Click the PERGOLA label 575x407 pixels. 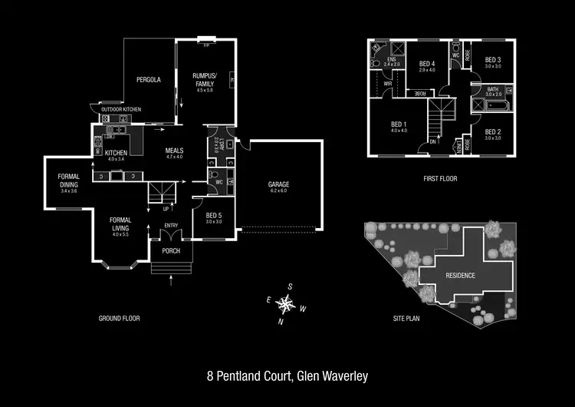148,79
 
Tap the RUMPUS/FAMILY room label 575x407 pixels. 204,79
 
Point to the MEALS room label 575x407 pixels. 175,151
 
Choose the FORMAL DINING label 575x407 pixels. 69,180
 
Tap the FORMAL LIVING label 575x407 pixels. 121,225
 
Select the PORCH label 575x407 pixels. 169,251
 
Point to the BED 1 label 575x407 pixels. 398,124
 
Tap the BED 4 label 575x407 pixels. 427,64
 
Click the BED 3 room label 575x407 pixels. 493,60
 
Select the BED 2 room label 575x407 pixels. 493,132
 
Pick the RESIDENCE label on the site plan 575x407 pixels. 461,275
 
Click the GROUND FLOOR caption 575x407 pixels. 119,318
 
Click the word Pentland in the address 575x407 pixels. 245,376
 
